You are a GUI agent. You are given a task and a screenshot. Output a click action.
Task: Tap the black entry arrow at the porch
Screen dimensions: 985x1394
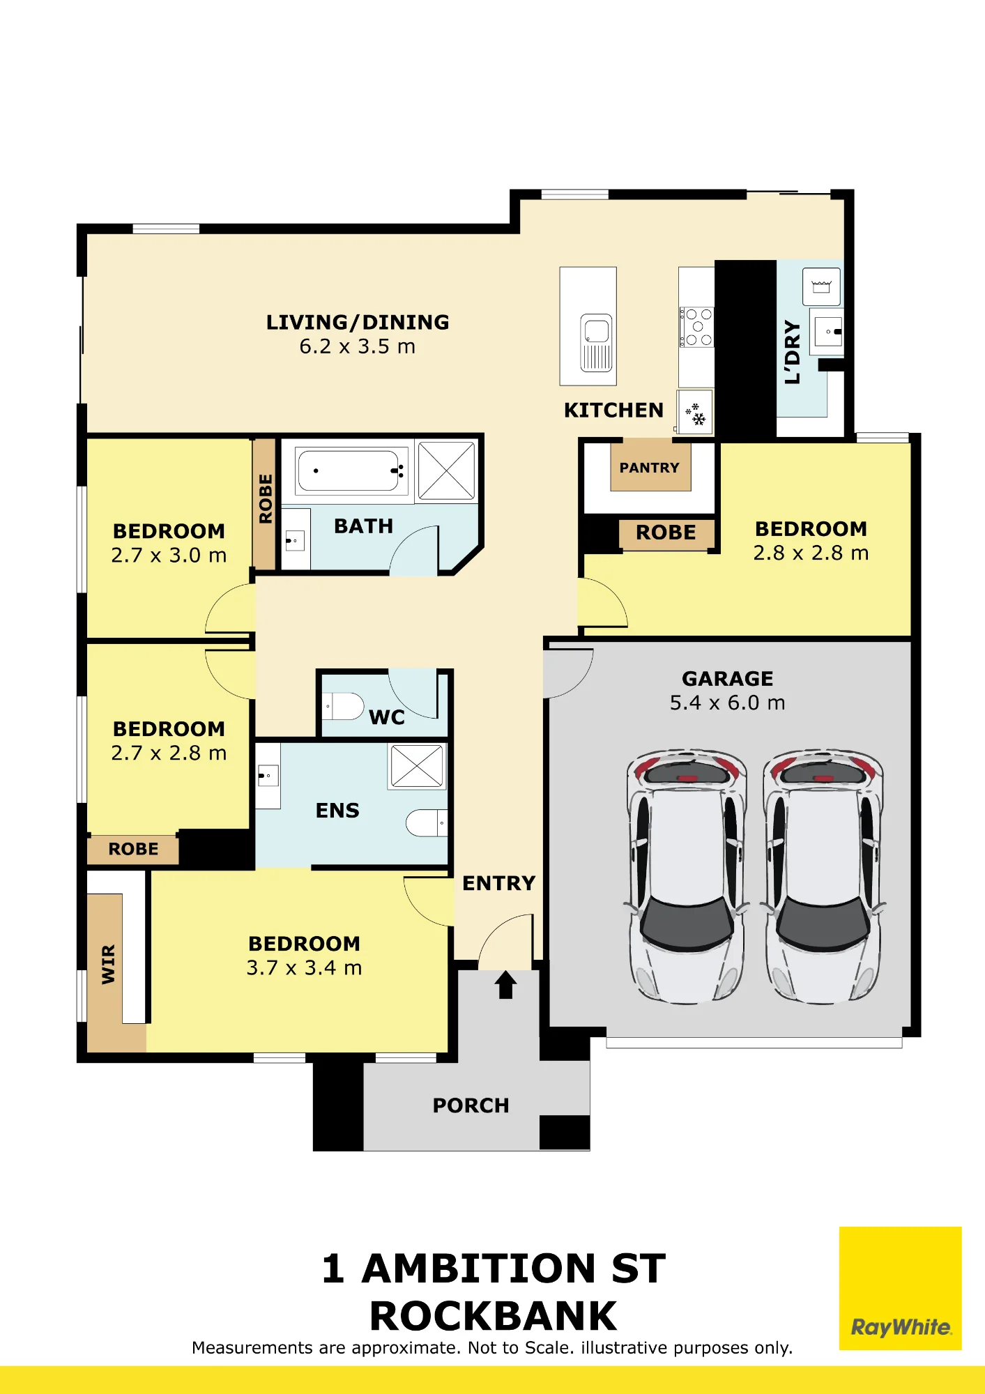pyautogui.click(x=505, y=986)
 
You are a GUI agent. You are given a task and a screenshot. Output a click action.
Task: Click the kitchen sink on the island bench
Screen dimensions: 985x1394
pyautogui.click(x=597, y=342)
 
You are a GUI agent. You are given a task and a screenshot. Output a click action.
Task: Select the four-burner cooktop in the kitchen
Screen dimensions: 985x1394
pyautogui.click(x=696, y=327)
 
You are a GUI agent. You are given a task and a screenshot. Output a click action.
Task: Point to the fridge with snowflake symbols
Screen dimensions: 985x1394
pyautogui.click(x=695, y=412)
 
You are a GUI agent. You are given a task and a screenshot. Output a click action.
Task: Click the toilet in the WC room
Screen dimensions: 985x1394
pyautogui.click(x=344, y=706)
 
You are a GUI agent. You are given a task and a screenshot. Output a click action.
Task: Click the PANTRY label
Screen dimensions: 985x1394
pyautogui.click(x=649, y=468)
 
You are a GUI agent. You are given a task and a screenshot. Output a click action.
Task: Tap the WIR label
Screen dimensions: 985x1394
pyautogui.click(x=108, y=965)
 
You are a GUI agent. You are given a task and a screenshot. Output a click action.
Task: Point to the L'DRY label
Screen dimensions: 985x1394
pyautogui.click(x=793, y=352)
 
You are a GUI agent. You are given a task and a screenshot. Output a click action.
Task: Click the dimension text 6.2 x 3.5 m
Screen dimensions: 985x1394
pyautogui.click(x=358, y=346)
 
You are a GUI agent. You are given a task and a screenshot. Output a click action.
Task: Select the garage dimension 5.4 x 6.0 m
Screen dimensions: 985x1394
pyautogui.click(x=727, y=703)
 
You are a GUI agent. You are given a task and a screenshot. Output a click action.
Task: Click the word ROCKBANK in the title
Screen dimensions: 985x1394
pyautogui.click(x=494, y=1317)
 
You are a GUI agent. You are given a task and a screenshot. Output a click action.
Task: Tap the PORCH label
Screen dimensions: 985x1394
pyautogui.click(x=471, y=1105)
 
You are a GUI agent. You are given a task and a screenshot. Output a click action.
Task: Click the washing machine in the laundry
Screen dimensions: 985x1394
pyautogui.click(x=821, y=286)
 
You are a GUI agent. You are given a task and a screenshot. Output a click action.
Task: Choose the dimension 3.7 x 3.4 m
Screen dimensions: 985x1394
pyautogui.click(x=304, y=967)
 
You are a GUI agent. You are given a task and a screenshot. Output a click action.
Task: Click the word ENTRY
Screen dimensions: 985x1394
pyautogui.click(x=499, y=883)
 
